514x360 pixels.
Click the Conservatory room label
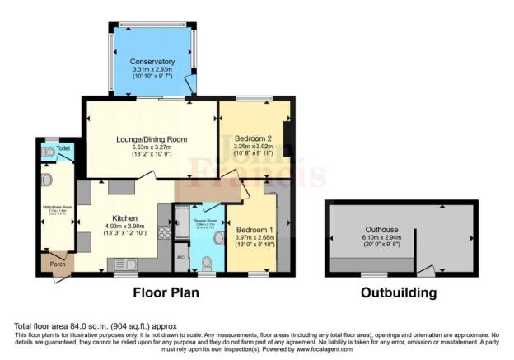152,62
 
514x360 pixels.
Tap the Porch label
56,264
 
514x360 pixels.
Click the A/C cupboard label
180,258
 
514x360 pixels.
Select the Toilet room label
63,149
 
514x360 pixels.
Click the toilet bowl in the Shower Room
208,263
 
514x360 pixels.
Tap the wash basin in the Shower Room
219,238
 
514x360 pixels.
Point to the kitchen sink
125,264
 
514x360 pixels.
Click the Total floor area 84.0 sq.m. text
95,327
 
